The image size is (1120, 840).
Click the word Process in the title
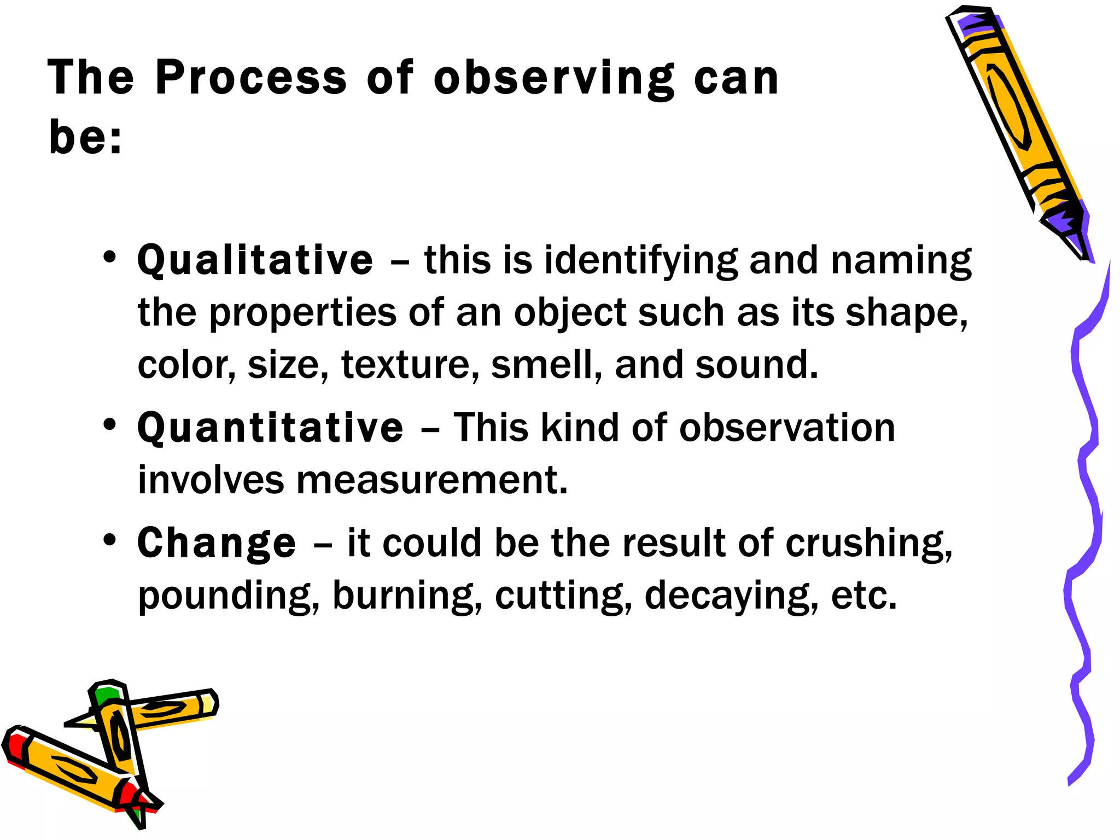click(x=251, y=78)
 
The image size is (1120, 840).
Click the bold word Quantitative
click(x=270, y=428)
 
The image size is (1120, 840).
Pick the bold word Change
click(x=217, y=543)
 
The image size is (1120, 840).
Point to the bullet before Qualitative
click(x=110, y=256)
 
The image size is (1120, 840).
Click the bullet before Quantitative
click(x=110, y=424)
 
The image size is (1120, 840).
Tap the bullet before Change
click(x=110, y=540)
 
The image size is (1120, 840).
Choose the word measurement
click(x=432, y=480)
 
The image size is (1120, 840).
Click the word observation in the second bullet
click(x=787, y=428)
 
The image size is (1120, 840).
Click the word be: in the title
click(x=85, y=136)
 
